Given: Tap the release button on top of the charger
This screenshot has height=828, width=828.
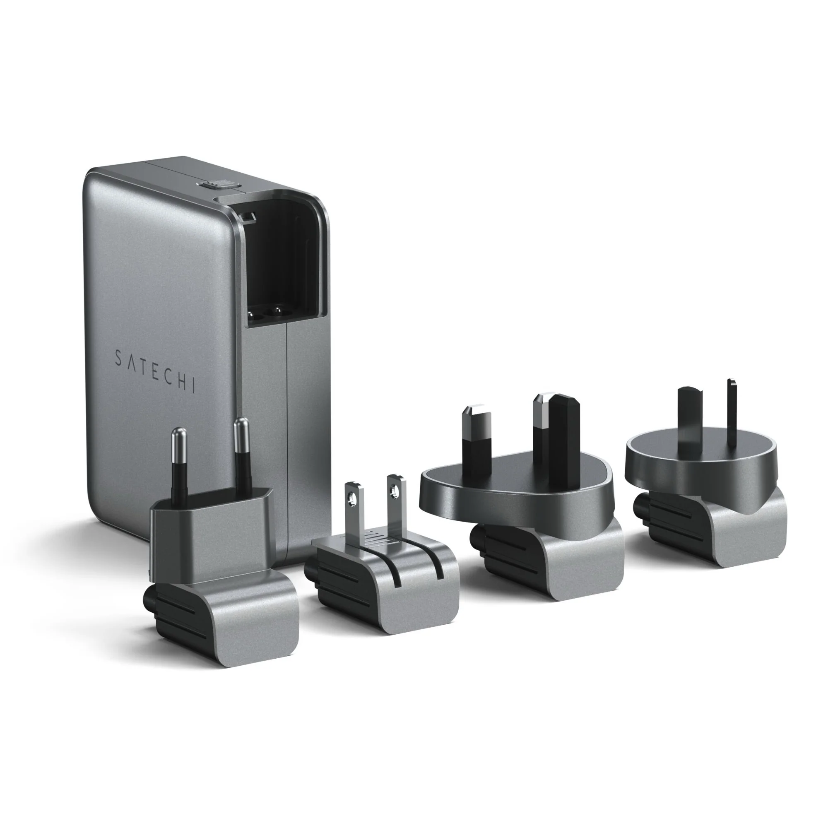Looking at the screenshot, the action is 219,184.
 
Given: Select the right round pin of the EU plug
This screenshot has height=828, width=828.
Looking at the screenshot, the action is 242,454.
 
